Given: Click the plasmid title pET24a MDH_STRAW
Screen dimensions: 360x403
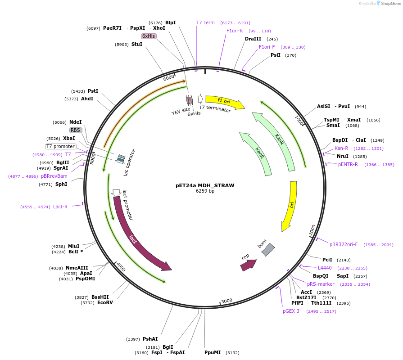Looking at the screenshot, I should pos(205,185).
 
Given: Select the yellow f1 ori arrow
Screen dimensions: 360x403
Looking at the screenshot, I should pos(224,102).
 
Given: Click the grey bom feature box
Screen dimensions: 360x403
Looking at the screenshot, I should pos(268,249).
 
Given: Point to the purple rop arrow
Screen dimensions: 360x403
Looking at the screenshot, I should pos(248,265).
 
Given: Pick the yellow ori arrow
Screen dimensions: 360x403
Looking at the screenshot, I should pos(290,205).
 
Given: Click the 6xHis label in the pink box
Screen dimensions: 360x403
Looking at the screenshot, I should pos(149,36).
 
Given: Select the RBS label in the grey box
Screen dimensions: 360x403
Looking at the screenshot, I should pos(75,130).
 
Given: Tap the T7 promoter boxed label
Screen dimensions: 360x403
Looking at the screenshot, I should pos(61,146).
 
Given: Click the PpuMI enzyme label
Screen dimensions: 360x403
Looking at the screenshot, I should pos(213,353).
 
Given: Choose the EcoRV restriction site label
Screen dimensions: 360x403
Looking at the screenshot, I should pos(105,303).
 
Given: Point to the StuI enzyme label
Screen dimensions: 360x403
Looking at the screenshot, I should pos(137,44).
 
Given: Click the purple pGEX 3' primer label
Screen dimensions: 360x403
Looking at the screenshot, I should pos(292,311).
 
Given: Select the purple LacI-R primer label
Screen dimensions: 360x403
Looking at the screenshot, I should pos(60,207).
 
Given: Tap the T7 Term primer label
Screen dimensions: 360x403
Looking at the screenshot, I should pos(205,22).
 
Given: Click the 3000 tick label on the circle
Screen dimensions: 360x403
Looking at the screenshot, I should pos(226,301).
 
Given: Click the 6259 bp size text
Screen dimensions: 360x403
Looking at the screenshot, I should pos(205,191).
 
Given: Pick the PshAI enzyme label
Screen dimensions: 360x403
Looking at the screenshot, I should pos(150,339).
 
